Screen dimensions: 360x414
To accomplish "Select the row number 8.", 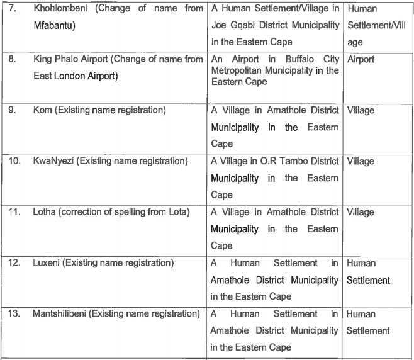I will click(11, 60).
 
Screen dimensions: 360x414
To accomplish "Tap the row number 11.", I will click(13, 213).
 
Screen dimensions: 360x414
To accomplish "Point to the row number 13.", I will click(13, 314).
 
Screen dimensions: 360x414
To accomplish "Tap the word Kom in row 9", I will click(42, 111).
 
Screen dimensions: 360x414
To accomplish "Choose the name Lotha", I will click(45, 213).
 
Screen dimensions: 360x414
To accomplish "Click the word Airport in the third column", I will click(361, 60).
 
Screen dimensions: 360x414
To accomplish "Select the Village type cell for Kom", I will click(361, 111).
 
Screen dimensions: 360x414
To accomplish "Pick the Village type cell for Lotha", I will click(361, 213).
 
